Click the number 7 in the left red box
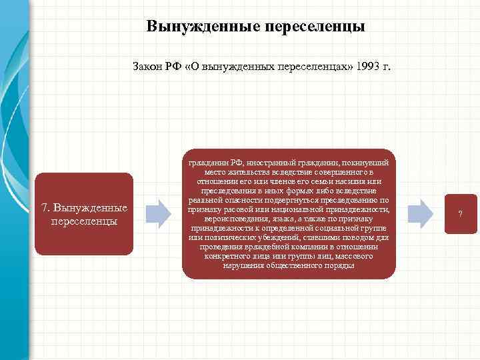coord(44,207)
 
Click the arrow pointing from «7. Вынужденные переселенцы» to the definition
coord(159,212)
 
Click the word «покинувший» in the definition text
coord(371,162)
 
